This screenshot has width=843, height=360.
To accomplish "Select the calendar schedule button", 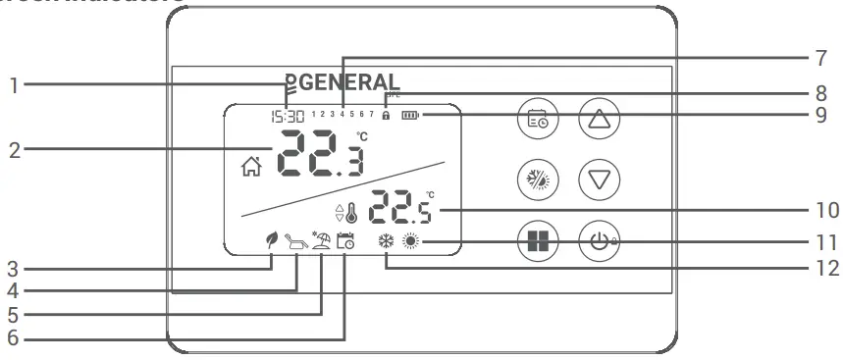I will tap(537, 121).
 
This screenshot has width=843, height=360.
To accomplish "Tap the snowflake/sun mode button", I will tap(537, 180).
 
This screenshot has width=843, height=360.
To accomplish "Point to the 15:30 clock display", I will tap(288, 116).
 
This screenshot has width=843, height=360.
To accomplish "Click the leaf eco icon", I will tap(265, 240).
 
